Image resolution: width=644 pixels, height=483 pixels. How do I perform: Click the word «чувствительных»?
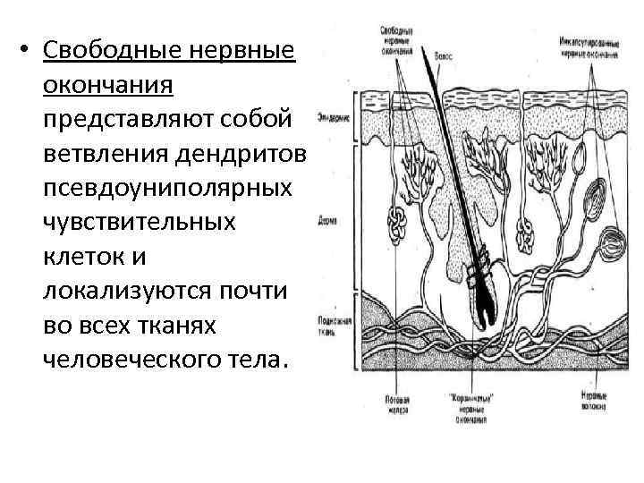[139, 222]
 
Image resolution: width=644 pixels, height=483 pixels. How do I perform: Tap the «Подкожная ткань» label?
[332, 325]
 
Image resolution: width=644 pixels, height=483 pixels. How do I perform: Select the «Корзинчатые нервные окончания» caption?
[469, 407]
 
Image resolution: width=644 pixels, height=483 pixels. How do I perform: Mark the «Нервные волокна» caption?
[595, 398]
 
